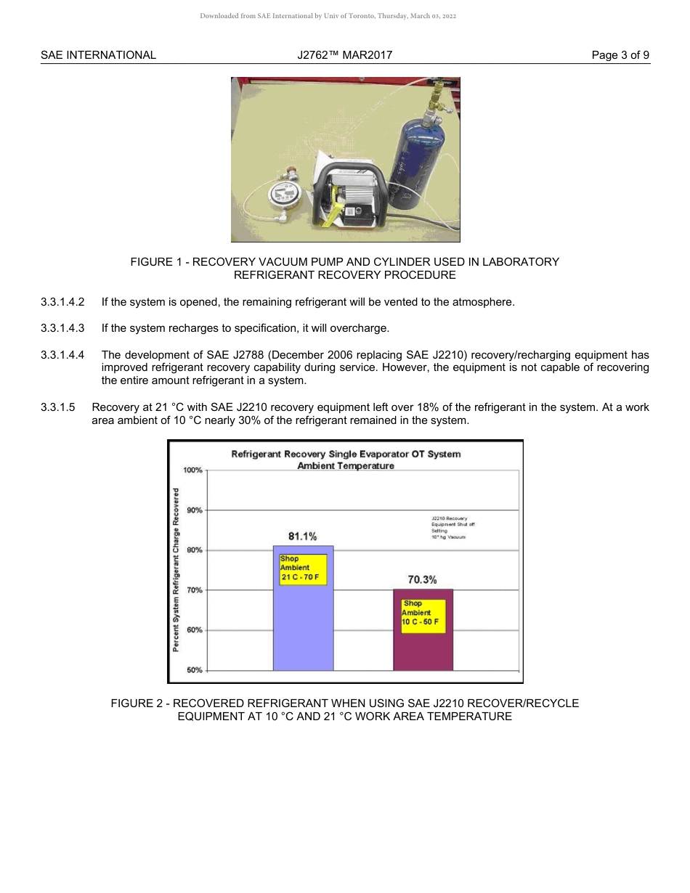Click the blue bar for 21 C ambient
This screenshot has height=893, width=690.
(x=303, y=624)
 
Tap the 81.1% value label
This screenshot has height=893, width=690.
(x=302, y=537)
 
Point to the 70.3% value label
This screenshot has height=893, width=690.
(x=422, y=579)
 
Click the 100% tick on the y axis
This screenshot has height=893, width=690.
(x=192, y=470)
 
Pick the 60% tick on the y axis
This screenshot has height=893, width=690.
(x=194, y=630)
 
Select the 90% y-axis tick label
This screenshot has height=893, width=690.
(x=194, y=510)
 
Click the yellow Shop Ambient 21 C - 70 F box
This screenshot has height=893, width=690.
(x=303, y=569)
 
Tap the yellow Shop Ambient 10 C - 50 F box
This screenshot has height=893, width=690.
(x=423, y=616)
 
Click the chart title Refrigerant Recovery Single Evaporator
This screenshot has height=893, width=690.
(x=346, y=454)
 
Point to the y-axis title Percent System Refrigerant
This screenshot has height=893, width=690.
(x=176, y=570)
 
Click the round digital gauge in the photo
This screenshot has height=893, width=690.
(x=282, y=195)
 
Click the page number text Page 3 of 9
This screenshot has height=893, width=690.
(x=620, y=55)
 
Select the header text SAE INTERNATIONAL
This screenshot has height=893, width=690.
(x=98, y=55)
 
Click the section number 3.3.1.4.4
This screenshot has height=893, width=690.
(x=62, y=355)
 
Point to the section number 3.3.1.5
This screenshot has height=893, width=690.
(x=58, y=407)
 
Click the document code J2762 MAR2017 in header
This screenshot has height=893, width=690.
(x=345, y=55)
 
